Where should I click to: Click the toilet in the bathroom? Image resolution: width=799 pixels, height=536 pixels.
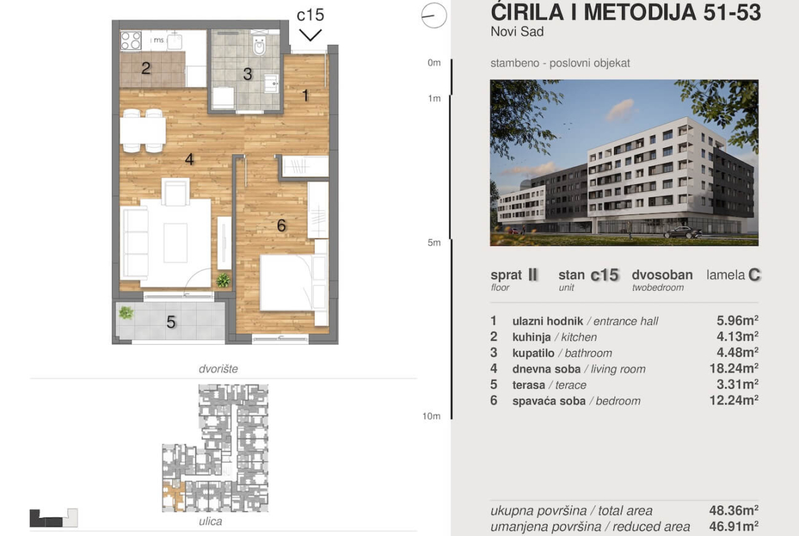coord(260,45)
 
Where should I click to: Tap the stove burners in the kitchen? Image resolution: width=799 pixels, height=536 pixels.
coord(131,41)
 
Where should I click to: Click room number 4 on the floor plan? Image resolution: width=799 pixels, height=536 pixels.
coord(189,160)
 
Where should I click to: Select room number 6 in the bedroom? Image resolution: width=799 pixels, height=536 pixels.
coord(281,225)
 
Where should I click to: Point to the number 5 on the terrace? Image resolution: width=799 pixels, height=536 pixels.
coord(171,322)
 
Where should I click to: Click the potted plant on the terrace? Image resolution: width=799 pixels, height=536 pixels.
coord(126,312)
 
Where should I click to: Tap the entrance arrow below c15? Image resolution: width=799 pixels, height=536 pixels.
coord(310,35)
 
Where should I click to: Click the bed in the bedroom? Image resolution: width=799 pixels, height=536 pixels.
coord(294,282)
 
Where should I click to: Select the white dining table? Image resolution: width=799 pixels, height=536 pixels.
coord(143,131)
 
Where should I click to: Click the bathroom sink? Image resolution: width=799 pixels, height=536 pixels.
coord(270,83)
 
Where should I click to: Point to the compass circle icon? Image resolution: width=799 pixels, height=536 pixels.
coord(434,15)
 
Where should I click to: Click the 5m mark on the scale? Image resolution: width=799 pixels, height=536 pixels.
coord(434,242)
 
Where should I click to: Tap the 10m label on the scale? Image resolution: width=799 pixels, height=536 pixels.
coord(431,417)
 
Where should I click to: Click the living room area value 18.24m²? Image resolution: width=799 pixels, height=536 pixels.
coord(733,368)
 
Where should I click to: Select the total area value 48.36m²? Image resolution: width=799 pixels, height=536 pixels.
coord(733,510)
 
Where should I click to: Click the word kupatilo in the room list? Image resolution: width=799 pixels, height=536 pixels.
coord(533,353)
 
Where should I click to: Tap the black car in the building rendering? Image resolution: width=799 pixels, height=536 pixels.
coord(683,232)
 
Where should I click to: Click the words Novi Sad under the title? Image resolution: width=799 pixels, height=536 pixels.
coord(517,31)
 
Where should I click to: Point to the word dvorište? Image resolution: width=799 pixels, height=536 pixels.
coord(218,369)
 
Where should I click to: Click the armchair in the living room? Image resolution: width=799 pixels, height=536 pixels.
coord(176,192)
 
